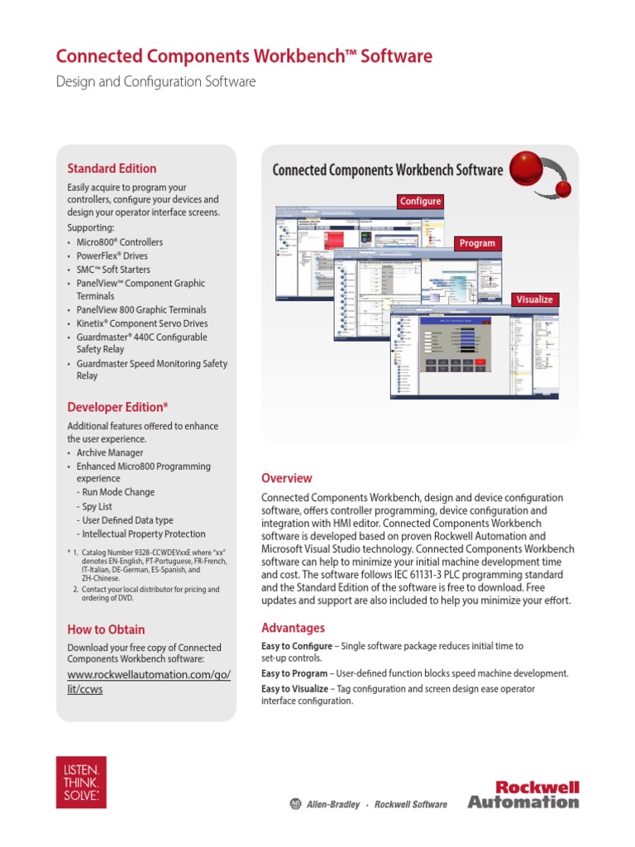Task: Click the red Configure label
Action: pos(420,201)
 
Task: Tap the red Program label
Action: pos(477,243)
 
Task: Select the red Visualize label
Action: pos(534,299)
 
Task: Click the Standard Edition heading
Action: pos(112,169)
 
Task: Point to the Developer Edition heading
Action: pos(117,406)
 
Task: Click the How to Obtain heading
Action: pos(106,629)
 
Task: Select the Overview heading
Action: pos(287,478)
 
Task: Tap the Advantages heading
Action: pos(293,628)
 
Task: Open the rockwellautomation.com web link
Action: pos(149,682)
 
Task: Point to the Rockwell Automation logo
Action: pos(523,794)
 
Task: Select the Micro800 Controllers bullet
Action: pos(119,242)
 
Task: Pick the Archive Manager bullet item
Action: pos(109,453)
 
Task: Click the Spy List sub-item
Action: pos(97,506)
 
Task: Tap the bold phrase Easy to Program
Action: pos(294,674)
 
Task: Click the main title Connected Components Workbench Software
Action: pos(244,56)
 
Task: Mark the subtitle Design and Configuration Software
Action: pos(155,82)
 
